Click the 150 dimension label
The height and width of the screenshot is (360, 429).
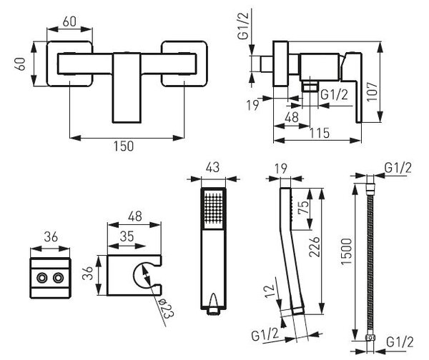tap(124, 146)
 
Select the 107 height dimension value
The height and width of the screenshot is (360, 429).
tap(373, 91)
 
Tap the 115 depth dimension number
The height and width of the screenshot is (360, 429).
tap(320, 133)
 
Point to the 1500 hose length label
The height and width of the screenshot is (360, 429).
tap(346, 251)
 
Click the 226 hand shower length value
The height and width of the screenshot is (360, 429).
tap(315, 247)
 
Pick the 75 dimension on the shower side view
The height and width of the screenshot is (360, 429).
tap(303, 207)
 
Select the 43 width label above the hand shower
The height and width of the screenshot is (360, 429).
tap(213, 167)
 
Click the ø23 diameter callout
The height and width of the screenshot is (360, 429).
tap(167, 308)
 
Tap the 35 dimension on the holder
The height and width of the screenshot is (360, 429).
tap(127, 236)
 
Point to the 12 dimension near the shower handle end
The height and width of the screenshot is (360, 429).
tap(269, 291)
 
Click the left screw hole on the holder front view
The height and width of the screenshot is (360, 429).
tap(42, 279)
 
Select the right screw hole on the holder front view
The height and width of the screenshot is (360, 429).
tap(59, 279)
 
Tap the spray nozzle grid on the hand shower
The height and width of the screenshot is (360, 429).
tap(213, 207)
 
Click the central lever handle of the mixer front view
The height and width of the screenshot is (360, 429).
tap(127, 88)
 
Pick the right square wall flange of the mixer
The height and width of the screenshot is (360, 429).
tap(184, 64)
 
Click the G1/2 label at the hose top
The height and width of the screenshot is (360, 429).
tap(398, 168)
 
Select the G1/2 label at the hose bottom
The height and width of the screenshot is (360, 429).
tap(400, 342)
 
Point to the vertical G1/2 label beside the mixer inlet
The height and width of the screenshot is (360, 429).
tap(243, 26)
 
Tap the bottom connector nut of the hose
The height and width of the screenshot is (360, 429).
tap(370, 338)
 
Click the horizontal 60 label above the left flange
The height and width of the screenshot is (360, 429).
tap(69, 21)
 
